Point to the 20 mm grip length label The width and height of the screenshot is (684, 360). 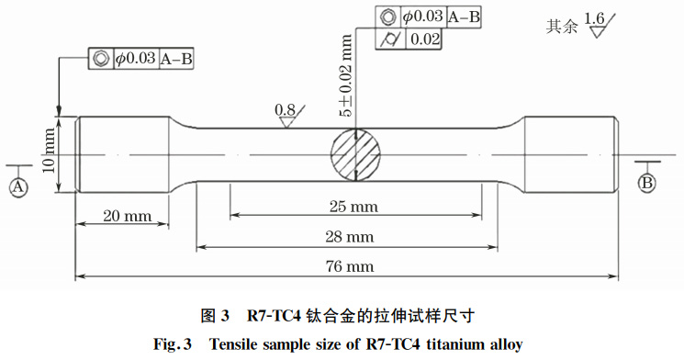tap(126, 216)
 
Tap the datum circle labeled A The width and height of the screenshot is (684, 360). tap(17, 186)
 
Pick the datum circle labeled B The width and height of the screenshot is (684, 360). tap(646, 183)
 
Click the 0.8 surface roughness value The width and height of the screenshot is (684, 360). tap(286, 110)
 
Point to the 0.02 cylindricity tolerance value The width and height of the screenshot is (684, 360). tap(425, 39)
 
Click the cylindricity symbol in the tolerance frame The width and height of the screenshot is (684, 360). tap(389, 39)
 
